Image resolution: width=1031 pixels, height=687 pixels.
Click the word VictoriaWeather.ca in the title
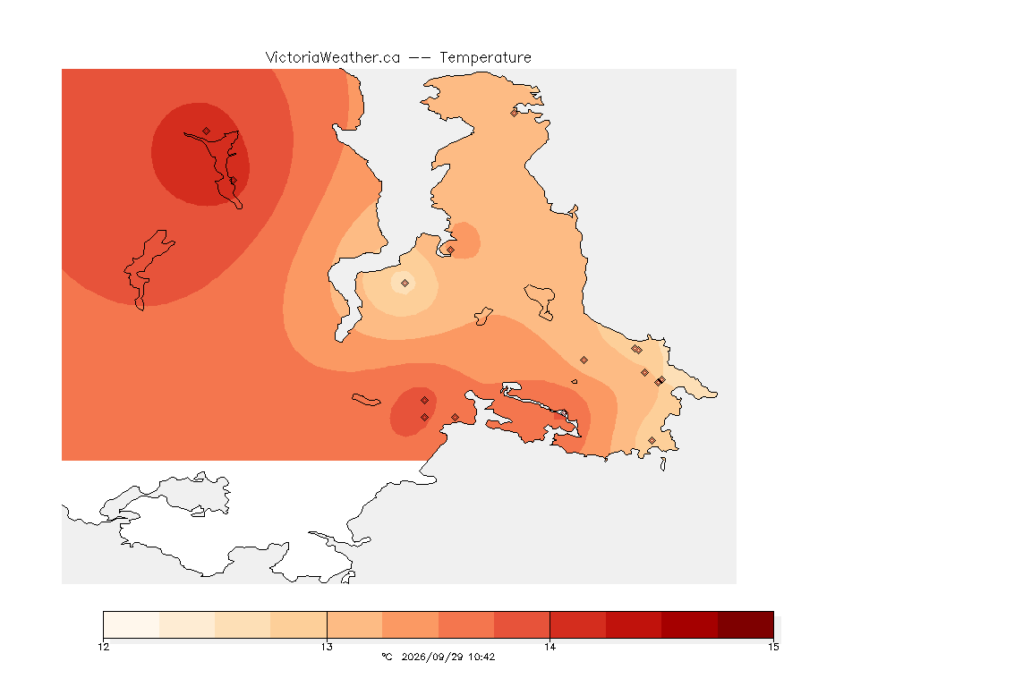333,58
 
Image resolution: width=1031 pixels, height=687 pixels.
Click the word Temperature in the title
485,58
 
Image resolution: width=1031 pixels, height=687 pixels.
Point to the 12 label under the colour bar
103,647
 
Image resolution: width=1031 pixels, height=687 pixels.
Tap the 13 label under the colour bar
327,647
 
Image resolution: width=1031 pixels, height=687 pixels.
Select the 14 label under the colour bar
550,647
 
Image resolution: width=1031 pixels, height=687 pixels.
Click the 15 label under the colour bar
773,647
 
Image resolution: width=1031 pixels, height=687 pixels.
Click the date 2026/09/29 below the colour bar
432,657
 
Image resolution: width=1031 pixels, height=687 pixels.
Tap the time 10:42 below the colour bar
481,657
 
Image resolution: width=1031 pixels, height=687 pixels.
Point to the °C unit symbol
387,657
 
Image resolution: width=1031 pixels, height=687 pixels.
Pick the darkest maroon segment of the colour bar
746,624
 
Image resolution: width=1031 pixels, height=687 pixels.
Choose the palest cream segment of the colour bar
132,624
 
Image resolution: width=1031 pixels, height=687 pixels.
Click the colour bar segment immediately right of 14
578,624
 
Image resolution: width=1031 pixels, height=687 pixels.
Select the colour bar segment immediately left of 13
299,624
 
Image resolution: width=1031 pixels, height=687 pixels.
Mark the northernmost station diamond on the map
515,113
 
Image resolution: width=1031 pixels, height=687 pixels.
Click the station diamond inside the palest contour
405,284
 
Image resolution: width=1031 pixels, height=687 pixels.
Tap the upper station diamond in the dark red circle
207,131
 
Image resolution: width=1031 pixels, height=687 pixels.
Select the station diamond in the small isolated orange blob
450,250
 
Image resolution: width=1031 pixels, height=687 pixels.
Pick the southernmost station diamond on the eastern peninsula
652,440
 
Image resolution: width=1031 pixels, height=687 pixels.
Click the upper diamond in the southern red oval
425,401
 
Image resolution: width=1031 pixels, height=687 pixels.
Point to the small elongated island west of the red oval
366,400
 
